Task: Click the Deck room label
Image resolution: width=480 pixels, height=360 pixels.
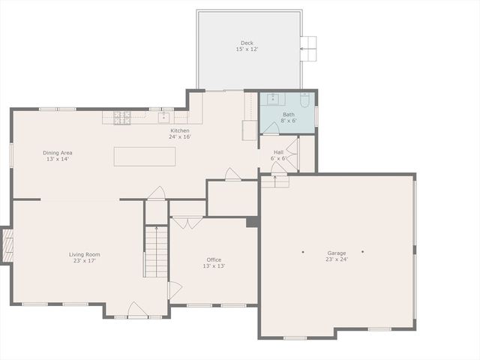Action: pyautogui.click(x=247, y=46)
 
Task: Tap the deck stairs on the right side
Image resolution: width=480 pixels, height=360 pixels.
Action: pyautogui.click(x=308, y=49)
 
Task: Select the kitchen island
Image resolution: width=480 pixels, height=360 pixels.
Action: pyautogui.click(x=145, y=156)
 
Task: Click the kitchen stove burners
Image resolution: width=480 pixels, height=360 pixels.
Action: pyautogui.click(x=122, y=117)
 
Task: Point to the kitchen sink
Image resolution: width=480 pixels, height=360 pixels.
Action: pyautogui.click(x=163, y=117)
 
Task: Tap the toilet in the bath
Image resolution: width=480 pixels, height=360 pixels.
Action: pyautogui.click(x=305, y=100)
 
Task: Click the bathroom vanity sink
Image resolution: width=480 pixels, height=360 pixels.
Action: pyautogui.click(x=273, y=100)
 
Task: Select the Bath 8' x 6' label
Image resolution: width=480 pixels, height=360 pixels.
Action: pyautogui.click(x=289, y=117)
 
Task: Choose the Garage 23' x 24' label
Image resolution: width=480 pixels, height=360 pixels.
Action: pyautogui.click(x=336, y=256)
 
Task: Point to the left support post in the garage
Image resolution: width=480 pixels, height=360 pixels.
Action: pyautogui.click(x=303, y=252)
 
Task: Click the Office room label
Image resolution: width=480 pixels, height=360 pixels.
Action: pyautogui.click(x=214, y=262)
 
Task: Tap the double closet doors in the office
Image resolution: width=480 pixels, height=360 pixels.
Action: pyautogui.click(x=187, y=223)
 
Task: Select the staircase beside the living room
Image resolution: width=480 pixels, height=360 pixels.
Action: pyautogui.click(x=156, y=252)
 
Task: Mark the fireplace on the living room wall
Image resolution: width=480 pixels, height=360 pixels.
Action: pyautogui.click(x=7, y=245)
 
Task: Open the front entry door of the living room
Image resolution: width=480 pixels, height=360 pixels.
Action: pyautogui.click(x=136, y=309)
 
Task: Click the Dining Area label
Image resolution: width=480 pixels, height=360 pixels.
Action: pyautogui.click(x=58, y=155)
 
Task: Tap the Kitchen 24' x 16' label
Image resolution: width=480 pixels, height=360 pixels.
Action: pyautogui.click(x=180, y=133)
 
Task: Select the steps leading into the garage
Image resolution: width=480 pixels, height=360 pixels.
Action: pyautogui.click(x=275, y=181)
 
